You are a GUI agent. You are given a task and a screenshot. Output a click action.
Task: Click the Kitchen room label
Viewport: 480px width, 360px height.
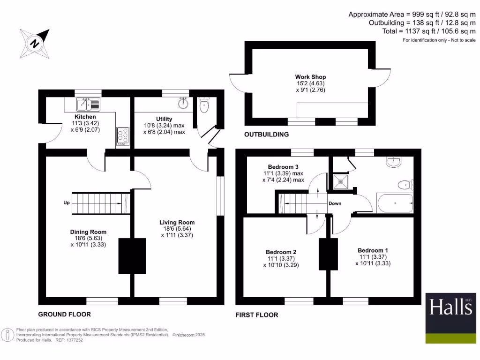click(85, 117)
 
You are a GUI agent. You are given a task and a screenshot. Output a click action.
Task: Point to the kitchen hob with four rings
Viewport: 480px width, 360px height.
click(123, 136)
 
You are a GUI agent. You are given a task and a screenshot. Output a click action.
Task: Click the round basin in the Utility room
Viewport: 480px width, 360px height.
click(183, 103)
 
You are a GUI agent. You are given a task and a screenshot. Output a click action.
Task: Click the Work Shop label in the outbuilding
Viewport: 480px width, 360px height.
click(310, 77)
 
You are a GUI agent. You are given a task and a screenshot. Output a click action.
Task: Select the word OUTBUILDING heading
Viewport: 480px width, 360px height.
click(266, 135)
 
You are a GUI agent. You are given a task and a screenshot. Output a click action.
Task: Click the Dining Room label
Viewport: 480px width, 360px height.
click(88, 232)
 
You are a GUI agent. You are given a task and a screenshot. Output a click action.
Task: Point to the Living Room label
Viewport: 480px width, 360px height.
click(177, 223)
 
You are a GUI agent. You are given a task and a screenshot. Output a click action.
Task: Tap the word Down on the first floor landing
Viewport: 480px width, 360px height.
click(335, 203)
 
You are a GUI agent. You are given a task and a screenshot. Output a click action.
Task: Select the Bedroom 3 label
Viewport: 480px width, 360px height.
click(283, 167)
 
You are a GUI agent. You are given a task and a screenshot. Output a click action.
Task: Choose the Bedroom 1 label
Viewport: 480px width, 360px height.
click(373, 251)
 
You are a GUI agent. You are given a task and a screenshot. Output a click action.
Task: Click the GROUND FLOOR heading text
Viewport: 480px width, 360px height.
click(64, 314)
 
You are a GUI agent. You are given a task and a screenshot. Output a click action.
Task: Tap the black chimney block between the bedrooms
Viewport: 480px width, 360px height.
click(329, 254)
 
